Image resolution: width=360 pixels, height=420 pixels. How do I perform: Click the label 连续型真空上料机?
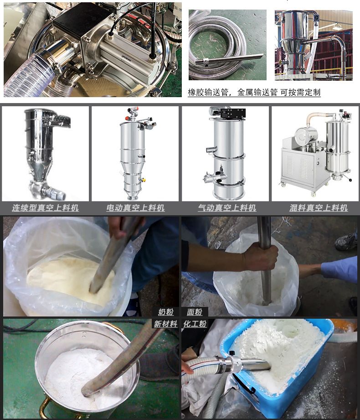point(45,208)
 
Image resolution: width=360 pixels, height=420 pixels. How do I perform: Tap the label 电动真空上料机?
point(135,208)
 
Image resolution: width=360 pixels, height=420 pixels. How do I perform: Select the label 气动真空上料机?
point(227,208)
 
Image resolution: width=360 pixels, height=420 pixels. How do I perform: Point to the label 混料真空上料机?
point(319,208)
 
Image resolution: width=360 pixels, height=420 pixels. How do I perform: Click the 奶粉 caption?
point(166,312)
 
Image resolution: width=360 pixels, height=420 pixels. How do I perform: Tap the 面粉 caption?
point(195,312)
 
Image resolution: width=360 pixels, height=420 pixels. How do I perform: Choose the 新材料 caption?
point(165,324)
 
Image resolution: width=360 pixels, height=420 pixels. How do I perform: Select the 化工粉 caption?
point(195,324)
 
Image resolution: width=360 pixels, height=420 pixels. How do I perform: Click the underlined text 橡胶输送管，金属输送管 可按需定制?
point(254,93)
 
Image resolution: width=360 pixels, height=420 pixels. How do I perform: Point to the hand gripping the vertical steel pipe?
point(261,258)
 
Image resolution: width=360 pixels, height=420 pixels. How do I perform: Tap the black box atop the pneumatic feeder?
point(233,114)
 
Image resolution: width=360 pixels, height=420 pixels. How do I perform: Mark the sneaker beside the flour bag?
point(346,242)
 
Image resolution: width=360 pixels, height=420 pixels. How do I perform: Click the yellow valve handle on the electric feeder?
point(143,180)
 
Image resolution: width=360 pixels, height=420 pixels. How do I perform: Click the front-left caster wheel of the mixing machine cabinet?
point(283,184)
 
